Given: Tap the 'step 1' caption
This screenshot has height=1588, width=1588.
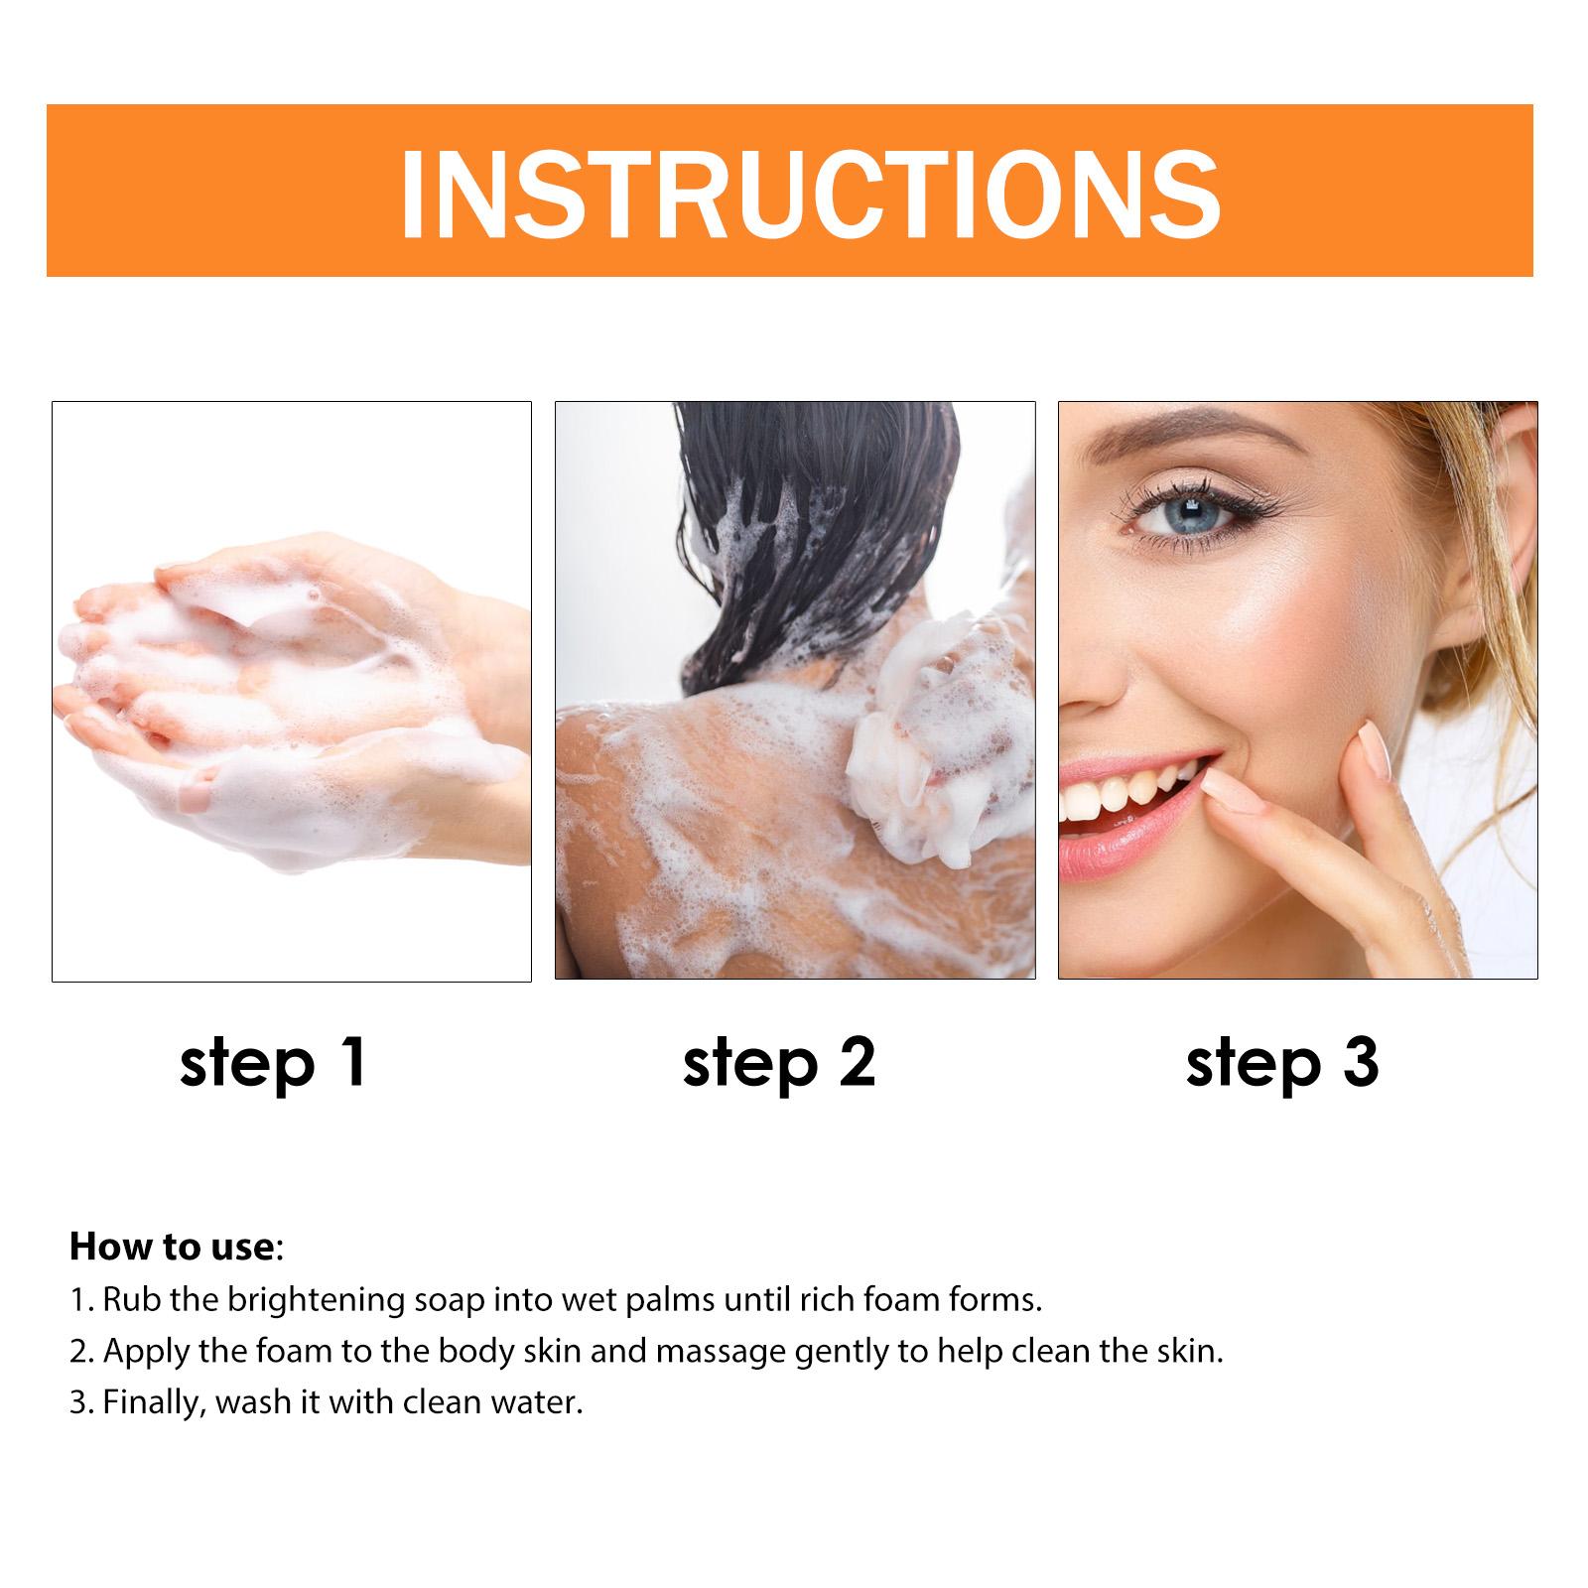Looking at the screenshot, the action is tap(274, 1064).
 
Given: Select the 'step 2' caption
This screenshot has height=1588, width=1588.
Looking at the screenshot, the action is tap(779, 1064).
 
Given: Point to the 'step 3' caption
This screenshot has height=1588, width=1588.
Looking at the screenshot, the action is tap(1282, 1064).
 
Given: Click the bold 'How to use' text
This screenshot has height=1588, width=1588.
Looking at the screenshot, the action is tap(171, 1248).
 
